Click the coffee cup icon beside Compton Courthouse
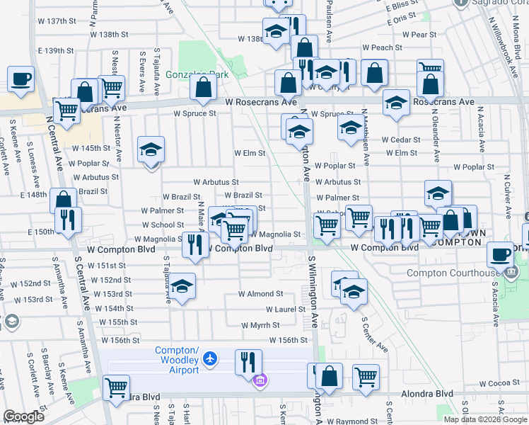501,254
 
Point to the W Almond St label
260,294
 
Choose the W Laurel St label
285,310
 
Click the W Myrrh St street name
260,325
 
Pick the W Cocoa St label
504,383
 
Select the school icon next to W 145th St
151,149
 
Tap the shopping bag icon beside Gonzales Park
203,88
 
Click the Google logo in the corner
24,417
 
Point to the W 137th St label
57,21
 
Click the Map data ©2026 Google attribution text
485,419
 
